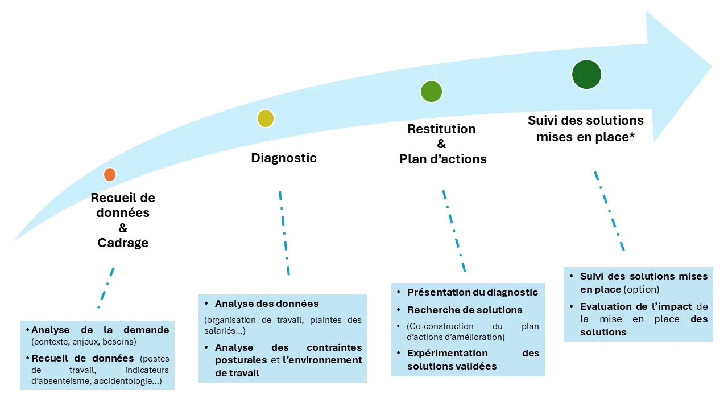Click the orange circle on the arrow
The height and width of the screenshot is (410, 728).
coord(110,175)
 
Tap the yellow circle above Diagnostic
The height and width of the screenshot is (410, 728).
coord(266,118)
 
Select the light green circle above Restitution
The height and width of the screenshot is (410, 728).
coord(431,92)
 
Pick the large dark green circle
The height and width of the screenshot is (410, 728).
coord(586,75)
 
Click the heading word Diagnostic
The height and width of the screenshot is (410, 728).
coord(284,158)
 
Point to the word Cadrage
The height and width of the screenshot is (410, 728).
coord(123,243)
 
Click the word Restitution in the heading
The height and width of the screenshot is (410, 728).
coord(442,129)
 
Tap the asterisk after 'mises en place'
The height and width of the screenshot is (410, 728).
coord(632,135)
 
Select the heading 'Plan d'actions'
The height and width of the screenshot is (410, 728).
coord(443,159)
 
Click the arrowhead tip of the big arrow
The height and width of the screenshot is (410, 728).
coord(712,67)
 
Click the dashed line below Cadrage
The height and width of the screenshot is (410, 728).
coord(106,288)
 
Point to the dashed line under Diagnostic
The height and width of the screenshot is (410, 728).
coord(284,233)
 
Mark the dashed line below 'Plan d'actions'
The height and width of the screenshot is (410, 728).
coord(454,231)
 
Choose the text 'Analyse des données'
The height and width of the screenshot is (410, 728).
coord(267,304)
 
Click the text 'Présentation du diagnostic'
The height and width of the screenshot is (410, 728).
coord(473,292)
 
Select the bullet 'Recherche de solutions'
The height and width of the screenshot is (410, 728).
coord(465,310)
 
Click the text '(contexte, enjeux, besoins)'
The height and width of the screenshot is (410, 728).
coord(84,342)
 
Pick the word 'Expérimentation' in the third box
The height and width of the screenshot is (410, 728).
coord(448,354)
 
